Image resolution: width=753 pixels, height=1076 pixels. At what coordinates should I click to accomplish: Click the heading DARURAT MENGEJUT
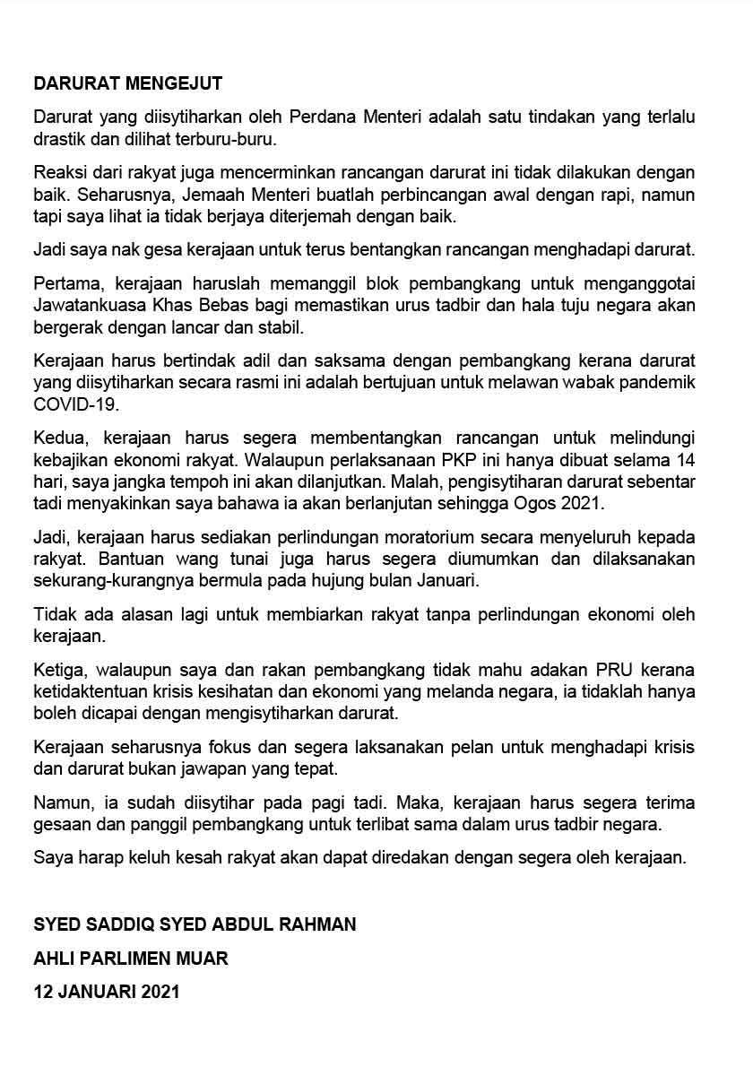point(127,84)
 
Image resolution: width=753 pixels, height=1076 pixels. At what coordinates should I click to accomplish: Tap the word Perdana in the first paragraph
point(320,117)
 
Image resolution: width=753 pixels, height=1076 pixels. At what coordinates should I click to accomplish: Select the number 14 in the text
point(685,460)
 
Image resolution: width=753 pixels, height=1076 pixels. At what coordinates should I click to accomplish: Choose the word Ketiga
point(61,670)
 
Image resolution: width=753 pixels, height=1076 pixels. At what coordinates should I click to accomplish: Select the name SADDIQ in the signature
point(120,924)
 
